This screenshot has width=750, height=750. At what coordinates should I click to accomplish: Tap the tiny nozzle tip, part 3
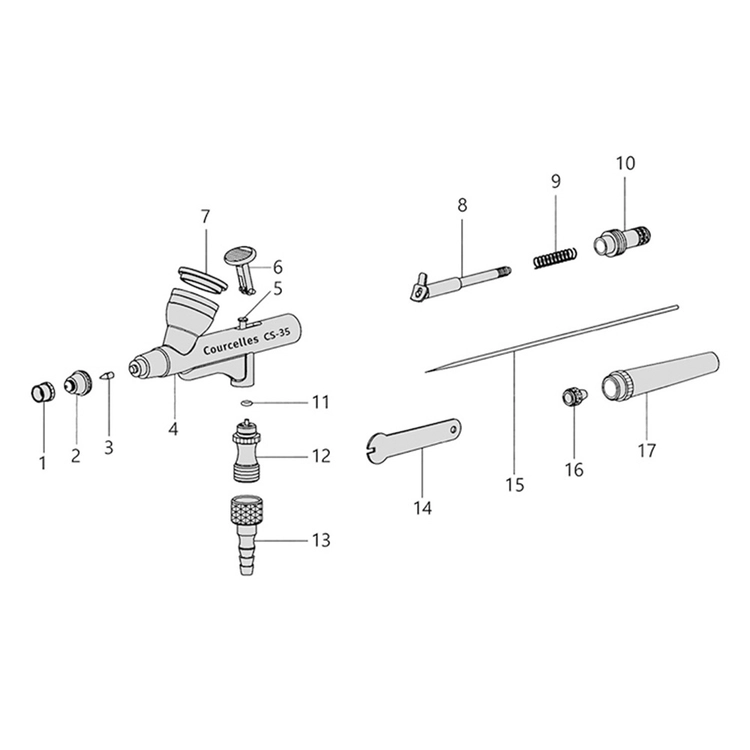pyautogui.click(x=108, y=375)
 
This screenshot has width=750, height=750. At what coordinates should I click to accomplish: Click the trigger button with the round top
pyautogui.click(x=242, y=269)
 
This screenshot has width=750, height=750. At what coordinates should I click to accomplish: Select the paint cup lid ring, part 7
pyautogui.click(x=202, y=279)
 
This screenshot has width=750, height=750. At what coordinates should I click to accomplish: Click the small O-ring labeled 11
pyautogui.click(x=246, y=403)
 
